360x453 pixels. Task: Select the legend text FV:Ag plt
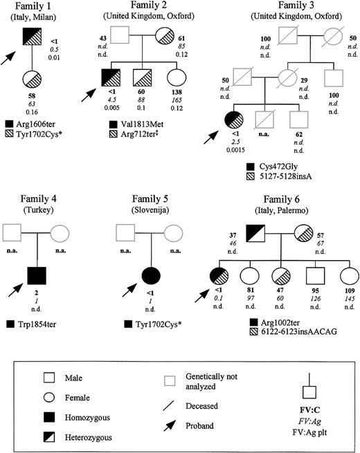point(306,422)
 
